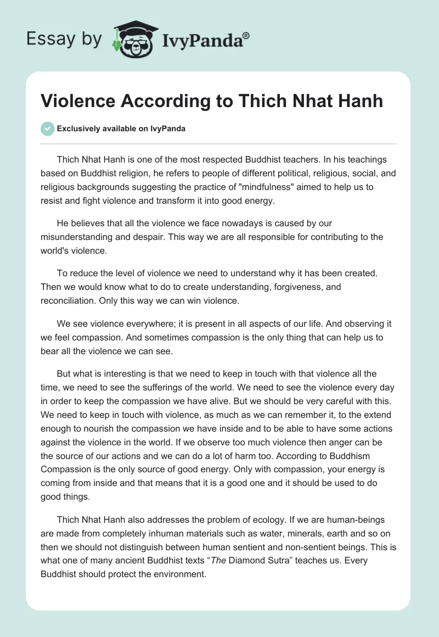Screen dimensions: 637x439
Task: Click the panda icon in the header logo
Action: (133, 39)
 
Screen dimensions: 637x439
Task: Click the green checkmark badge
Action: (47, 128)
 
